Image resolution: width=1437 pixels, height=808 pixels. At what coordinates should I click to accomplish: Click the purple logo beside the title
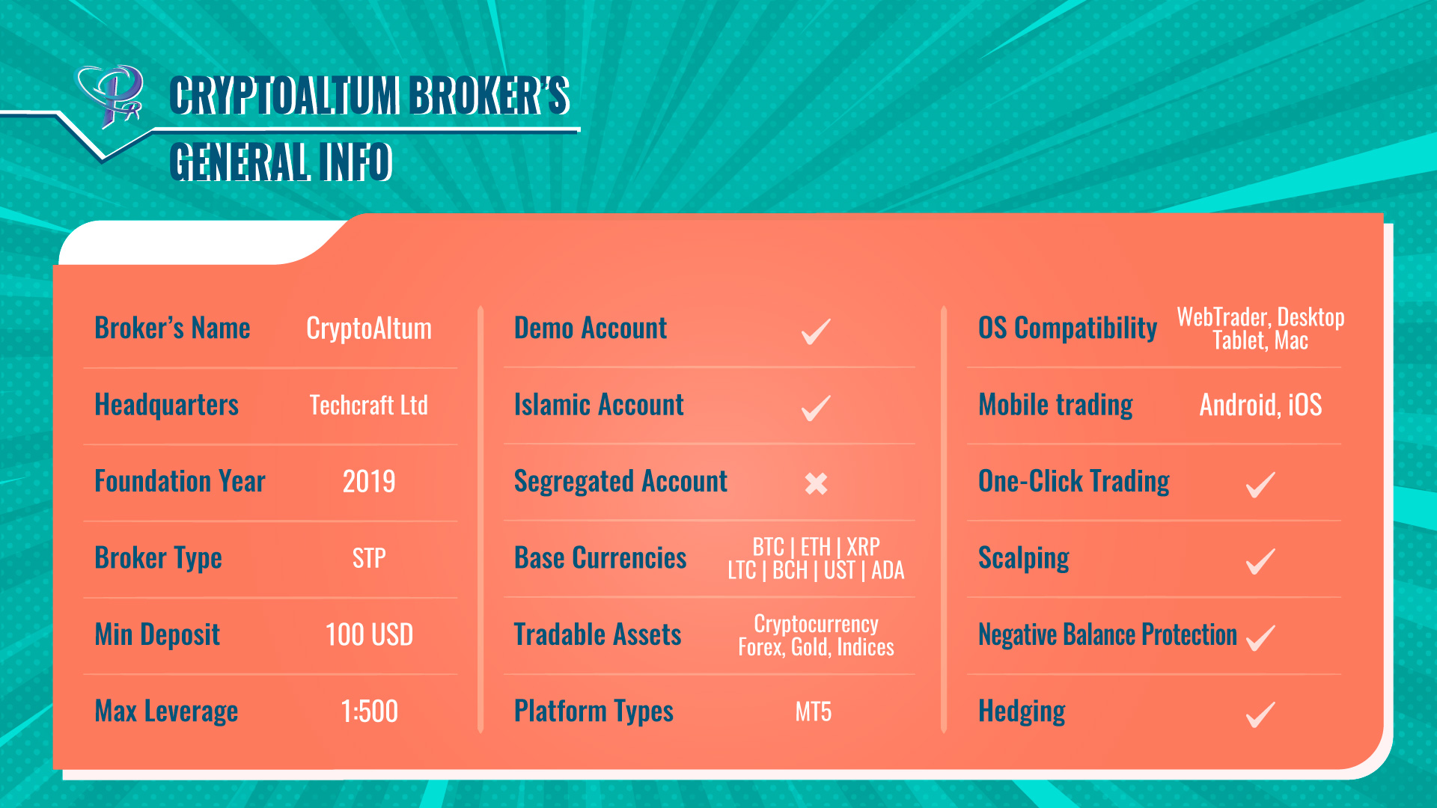coord(111,97)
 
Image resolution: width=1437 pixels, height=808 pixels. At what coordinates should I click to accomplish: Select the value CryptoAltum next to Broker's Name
coord(369,328)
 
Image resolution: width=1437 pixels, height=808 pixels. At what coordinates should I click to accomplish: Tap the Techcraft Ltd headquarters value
coord(369,405)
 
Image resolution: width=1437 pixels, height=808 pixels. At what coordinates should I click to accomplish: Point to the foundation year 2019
coord(369,481)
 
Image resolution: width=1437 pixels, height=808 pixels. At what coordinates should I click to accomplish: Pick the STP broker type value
coord(369,558)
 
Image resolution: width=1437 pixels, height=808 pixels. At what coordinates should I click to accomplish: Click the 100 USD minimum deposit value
coord(369,634)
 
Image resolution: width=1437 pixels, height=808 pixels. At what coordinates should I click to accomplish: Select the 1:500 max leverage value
coord(369,711)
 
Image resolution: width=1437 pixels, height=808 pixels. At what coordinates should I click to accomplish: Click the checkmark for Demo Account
coord(816,331)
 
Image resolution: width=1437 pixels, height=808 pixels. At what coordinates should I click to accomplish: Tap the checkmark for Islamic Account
coord(816,408)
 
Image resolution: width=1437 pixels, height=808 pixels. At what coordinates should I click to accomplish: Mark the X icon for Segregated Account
coord(816,483)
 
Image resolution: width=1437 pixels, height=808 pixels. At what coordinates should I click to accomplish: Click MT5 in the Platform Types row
coord(814,711)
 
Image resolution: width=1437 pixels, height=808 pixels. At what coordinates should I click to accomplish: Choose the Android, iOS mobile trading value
coord(1260,405)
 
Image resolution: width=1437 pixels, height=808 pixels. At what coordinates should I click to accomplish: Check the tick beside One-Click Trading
coord(1260,484)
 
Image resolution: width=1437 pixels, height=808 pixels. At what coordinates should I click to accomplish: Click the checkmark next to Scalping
coord(1260,561)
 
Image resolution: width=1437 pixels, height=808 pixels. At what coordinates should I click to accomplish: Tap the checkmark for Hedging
coord(1260,714)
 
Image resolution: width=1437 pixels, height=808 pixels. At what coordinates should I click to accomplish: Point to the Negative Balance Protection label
coord(1108,634)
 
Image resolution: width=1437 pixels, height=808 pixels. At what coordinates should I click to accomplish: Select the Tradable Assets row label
coord(597,634)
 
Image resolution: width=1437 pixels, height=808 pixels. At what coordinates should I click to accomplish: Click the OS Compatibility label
coord(1068,328)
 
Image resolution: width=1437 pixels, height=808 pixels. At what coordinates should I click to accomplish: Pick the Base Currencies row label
coord(600,558)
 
